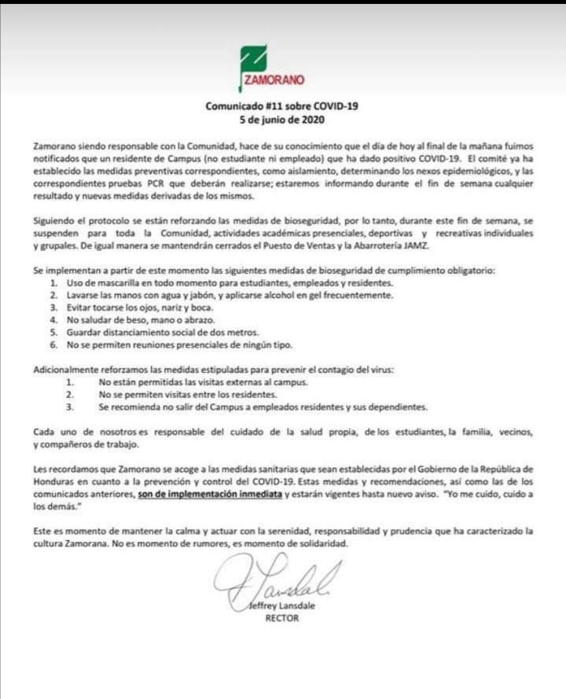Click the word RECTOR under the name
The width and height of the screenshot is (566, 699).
[282, 618]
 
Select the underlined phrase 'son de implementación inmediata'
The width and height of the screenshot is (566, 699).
[209, 494]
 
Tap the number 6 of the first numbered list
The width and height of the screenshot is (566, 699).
[53, 345]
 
